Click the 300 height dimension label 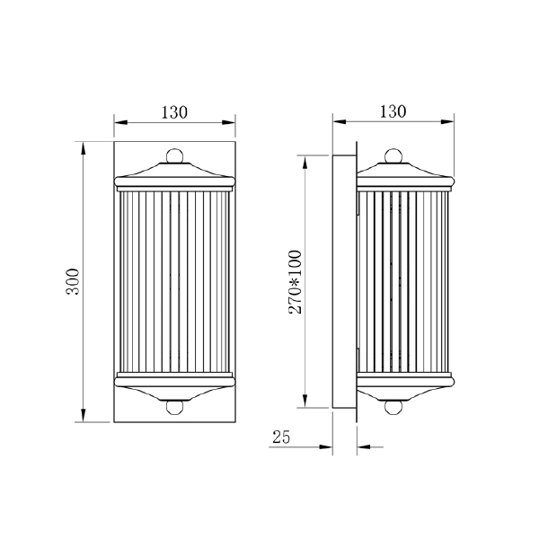(x=73, y=281)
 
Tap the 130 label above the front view (x=174, y=112)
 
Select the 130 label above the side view (x=393, y=111)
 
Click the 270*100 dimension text (x=295, y=282)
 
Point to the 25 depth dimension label (x=281, y=437)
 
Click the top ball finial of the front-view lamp (x=174, y=155)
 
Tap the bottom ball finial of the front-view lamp (x=174, y=407)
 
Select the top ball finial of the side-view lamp (x=393, y=155)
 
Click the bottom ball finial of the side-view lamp (x=393, y=407)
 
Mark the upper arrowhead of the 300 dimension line (x=83, y=148)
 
